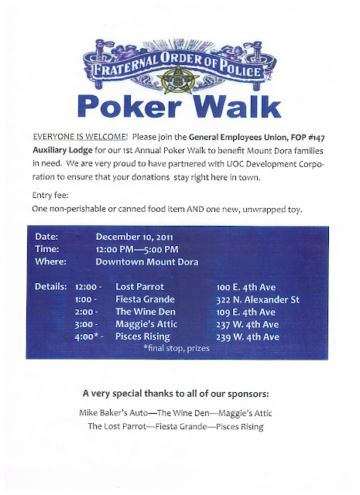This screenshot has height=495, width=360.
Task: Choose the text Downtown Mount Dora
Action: (147, 262)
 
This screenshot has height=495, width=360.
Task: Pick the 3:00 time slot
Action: (87, 325)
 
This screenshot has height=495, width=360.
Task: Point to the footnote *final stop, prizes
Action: (177, 349)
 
